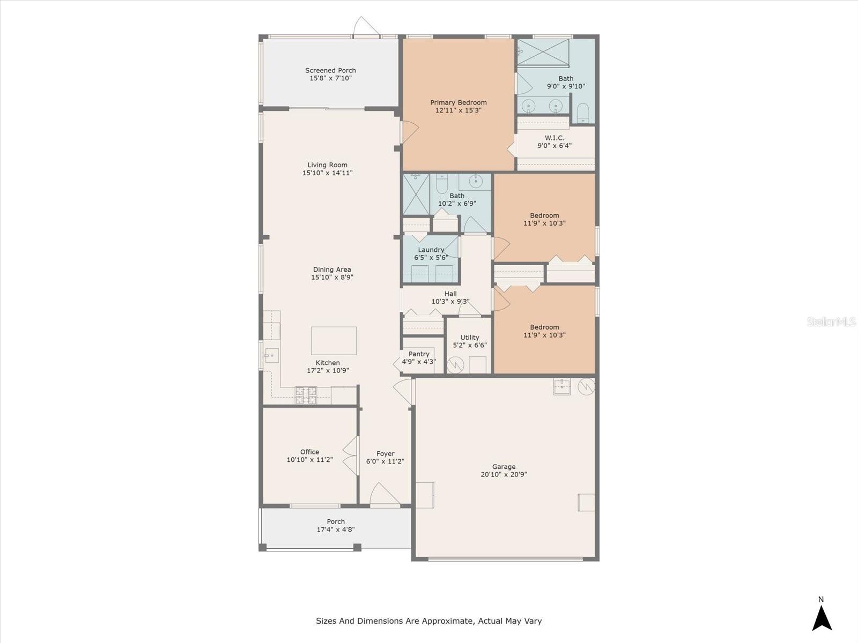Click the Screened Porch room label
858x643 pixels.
click(330, 70)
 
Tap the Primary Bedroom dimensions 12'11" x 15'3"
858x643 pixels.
click(458, 110)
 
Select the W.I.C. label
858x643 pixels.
click(554, 138)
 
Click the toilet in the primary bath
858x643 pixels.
click(583, 112)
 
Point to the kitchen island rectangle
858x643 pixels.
click(334, 340)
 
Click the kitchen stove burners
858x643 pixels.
click(306, 395)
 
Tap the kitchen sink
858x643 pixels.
click(272, 355)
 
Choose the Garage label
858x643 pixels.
click(504, 467)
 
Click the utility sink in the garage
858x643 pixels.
click(561, 386)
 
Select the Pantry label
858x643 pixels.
click(419, 354)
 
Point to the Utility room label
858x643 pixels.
click(469, 338)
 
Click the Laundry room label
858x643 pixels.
click(431, 250)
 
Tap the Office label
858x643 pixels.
click(309, 452)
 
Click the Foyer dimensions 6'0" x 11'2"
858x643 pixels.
click(385, 461)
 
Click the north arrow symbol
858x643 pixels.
click(822, 618)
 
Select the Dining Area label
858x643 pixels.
click(332, 270)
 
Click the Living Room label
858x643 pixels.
click(327, 165)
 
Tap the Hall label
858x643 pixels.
click(450, 294)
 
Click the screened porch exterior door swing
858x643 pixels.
click(366, 26)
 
